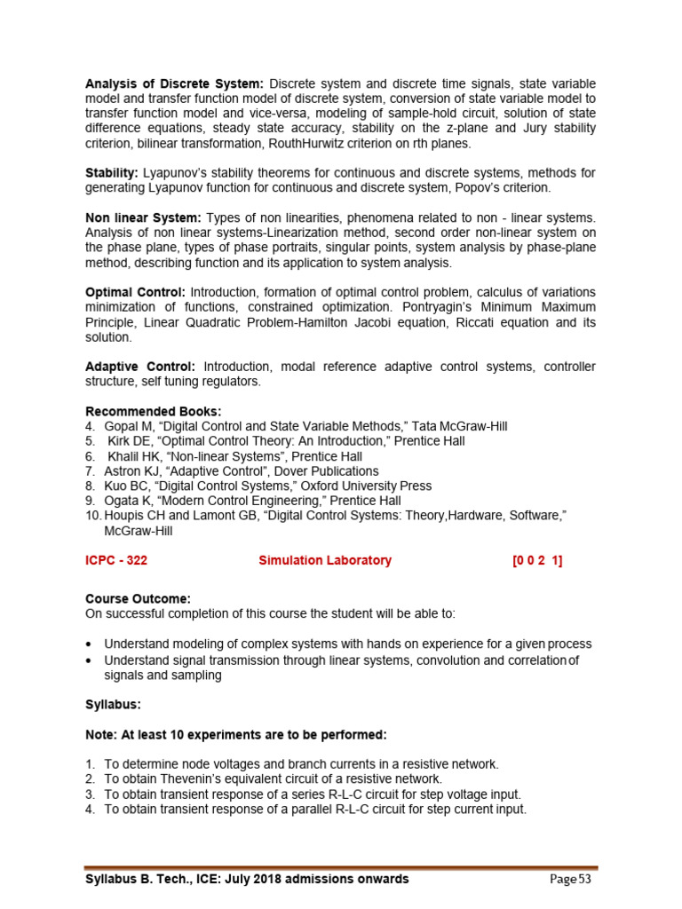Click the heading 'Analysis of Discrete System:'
(174, 83)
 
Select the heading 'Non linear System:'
(143, 218)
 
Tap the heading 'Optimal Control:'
(135, 292)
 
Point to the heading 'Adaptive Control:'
(140, 367)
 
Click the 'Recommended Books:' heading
(154, 411)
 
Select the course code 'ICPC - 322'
(122, 560)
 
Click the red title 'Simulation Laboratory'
(324, 560)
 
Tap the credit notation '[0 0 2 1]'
(537, 560)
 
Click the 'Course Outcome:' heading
(138, 598)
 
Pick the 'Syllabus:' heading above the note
(113, 704)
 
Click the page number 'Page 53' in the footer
(570, 879)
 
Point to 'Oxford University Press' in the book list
(365, 486)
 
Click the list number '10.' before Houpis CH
(93, 517)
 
